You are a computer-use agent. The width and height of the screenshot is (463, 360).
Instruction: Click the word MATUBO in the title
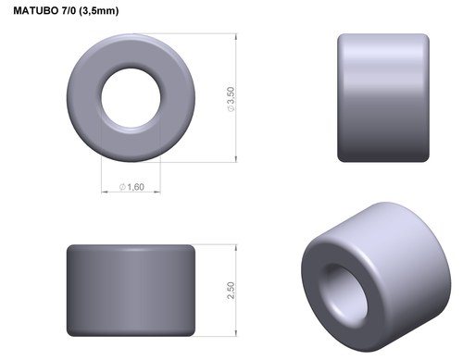35,11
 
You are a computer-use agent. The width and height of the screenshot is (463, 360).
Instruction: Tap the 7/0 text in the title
69,11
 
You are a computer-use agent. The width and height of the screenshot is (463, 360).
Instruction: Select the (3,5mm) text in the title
99,11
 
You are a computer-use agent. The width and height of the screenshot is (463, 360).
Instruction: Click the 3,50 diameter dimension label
231,95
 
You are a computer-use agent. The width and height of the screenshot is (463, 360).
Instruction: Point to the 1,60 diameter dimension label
135,187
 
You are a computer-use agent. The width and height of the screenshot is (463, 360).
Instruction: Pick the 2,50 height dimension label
231,290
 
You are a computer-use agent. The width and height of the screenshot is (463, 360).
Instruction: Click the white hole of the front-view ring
131,98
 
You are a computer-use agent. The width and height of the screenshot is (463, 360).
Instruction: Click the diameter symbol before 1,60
122,187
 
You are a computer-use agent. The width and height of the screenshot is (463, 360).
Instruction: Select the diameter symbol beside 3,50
231,108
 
